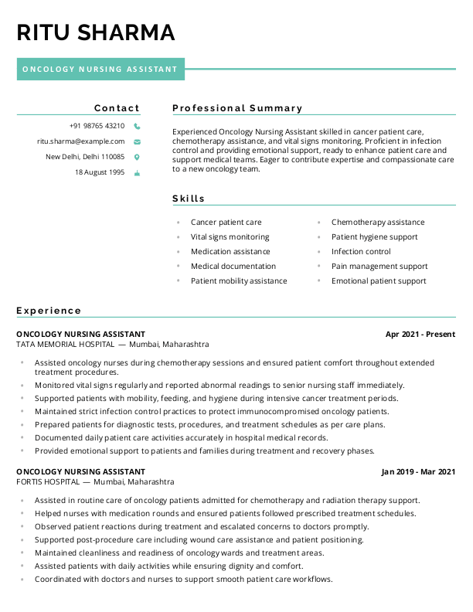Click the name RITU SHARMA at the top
pyautogui.click(x=96, y=32)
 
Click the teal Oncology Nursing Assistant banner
pyautogui.click(x=100, y=69)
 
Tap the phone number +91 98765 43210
pyautogui.click(x=97, y=126)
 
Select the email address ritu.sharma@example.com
pyautogui.click(x=81, y=141)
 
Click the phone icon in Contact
pyautogui.click(x=137, y=126)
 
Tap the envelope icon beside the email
pyautogui.click(x=137, y=142)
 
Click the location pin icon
pyautogui.click(x=137, y=157)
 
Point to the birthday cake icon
pyautogui.click(x=137, y=173)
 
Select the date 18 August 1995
pyautogui.click(x=100, y=172)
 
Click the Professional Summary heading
pyautogui.click(x=237, y=108)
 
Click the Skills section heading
pyautogui.click(x=189, y=199)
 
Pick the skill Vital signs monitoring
pyautogui.click(x=230, y=237)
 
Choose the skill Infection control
pyautogui.click(x=361, y=252)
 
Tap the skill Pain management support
pyautogui.click(x=379, y=267)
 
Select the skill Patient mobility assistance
pyautogui.click(x=239, y=281)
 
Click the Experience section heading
pyautogui.click(x=49, y=311)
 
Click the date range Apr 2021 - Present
pyautogui.click(x=420, y=335)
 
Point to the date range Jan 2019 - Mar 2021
pyautogui.click(x=418, y=471)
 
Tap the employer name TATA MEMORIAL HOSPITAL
pyautogui.click(x=65, y=345)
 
